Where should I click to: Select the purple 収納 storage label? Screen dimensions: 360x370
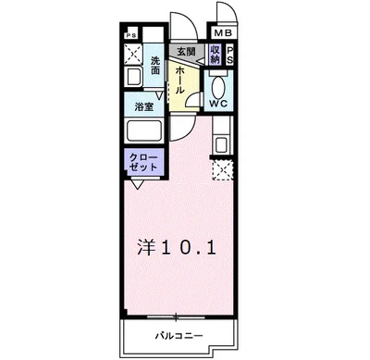(x=215, y=55)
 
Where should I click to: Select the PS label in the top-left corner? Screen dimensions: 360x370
(x=129, y=34)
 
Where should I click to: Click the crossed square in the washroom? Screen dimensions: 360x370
(x=131, y=56)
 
